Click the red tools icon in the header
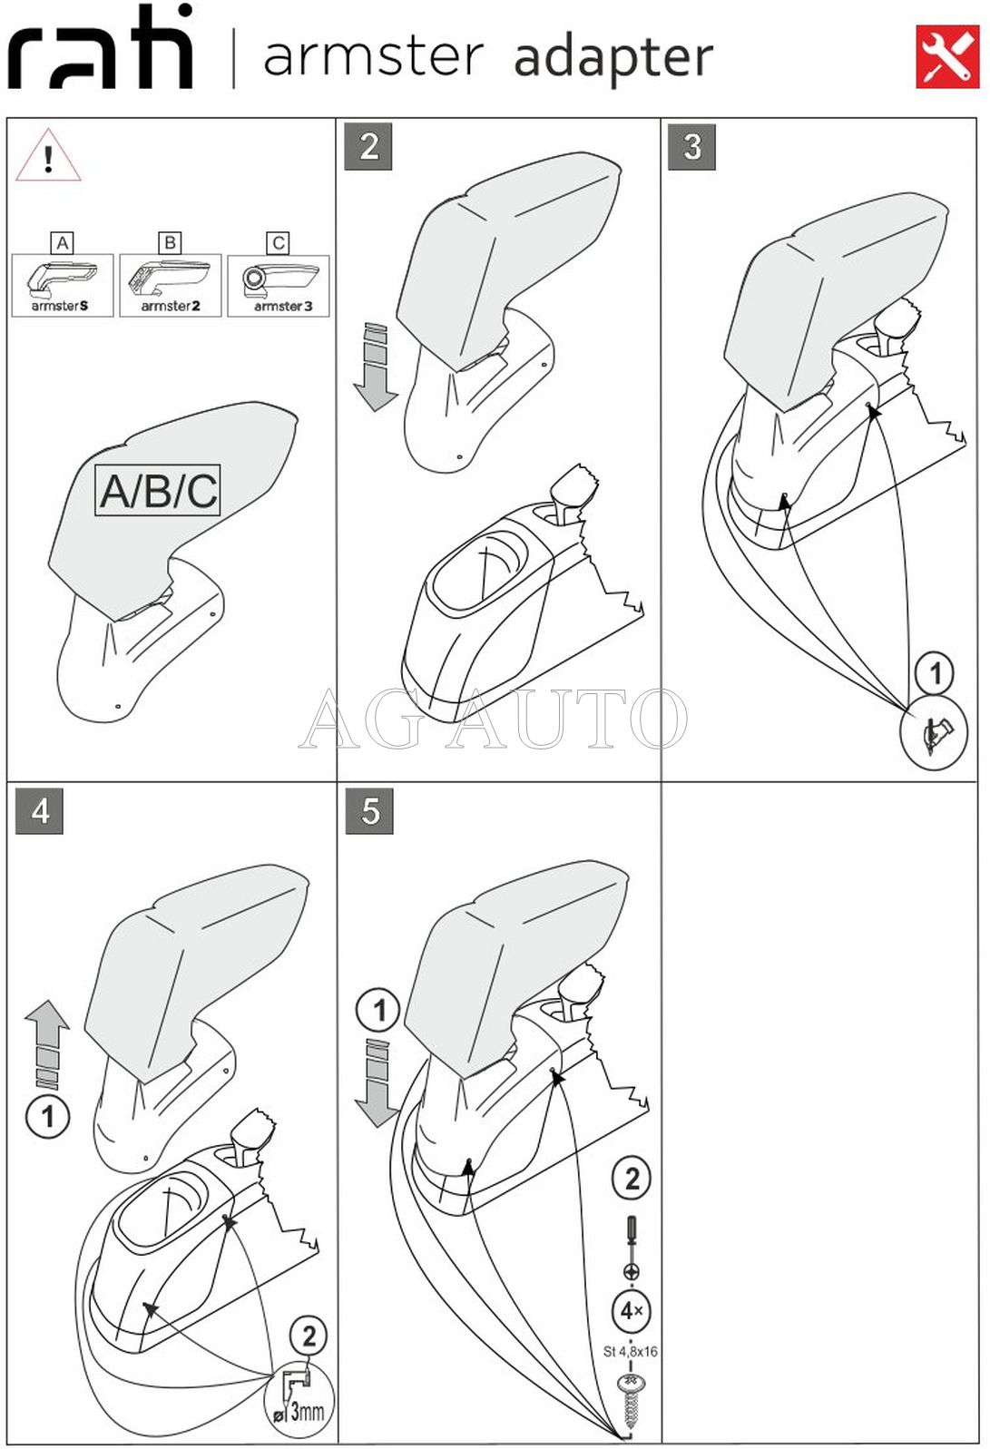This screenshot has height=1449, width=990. pyautogui.click(x=946, y=56)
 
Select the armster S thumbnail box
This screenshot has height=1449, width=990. pyautogui.click(x=63, y=285)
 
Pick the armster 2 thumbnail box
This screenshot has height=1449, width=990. pyautogui.click(x=171, y=285)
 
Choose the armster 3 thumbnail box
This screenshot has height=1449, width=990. pyautogui.click(x=279, y=285)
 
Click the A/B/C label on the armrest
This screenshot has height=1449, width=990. pyautogui.click(x=158, y=491)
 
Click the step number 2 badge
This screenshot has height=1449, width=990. pyautogui.click(x=368, y=147)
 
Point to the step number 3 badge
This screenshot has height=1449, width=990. pyautogui.click(x=691, y=147)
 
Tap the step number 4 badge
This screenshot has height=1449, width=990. pyautogui.click(x=40, y=810)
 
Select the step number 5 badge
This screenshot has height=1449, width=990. pyautogui.click(x=369, y=810)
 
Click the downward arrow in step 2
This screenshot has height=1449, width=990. pyautogui.click(x=375, y=367)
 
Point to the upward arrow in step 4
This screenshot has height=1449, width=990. pyautogui.click(x=47, y=1043)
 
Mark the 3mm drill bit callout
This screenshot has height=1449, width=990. pyautogui.click(x=299, y=1398)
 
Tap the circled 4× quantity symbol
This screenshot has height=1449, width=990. pyautogui.click(x=631, y=1310)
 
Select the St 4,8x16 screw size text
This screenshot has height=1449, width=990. pyautogui.click(x=631, y=1351)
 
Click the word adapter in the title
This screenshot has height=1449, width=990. pyautogui.click(x=613, y=58)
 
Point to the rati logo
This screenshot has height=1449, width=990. pyautogui.click(x=101, y=50)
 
